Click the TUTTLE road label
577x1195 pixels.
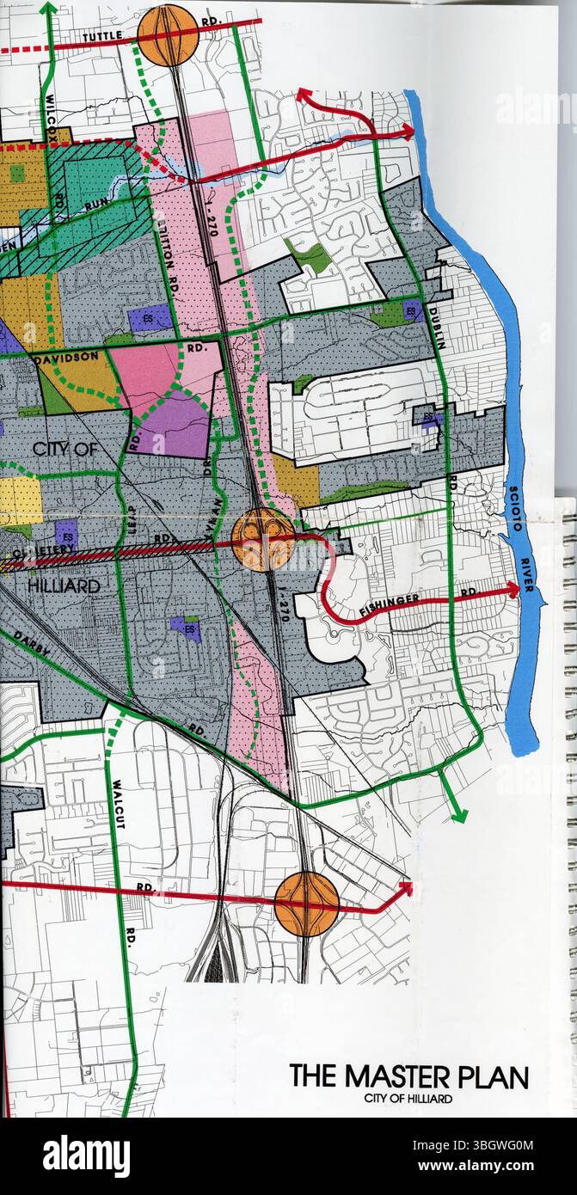point(104,37)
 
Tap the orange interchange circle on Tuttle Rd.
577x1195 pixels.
point(168,35)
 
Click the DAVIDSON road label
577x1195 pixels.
point(66,355)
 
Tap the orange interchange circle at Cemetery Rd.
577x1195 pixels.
point(263,539)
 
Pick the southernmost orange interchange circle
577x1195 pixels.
point(306,904)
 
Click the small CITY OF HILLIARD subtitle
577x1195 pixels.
point(408,1099)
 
